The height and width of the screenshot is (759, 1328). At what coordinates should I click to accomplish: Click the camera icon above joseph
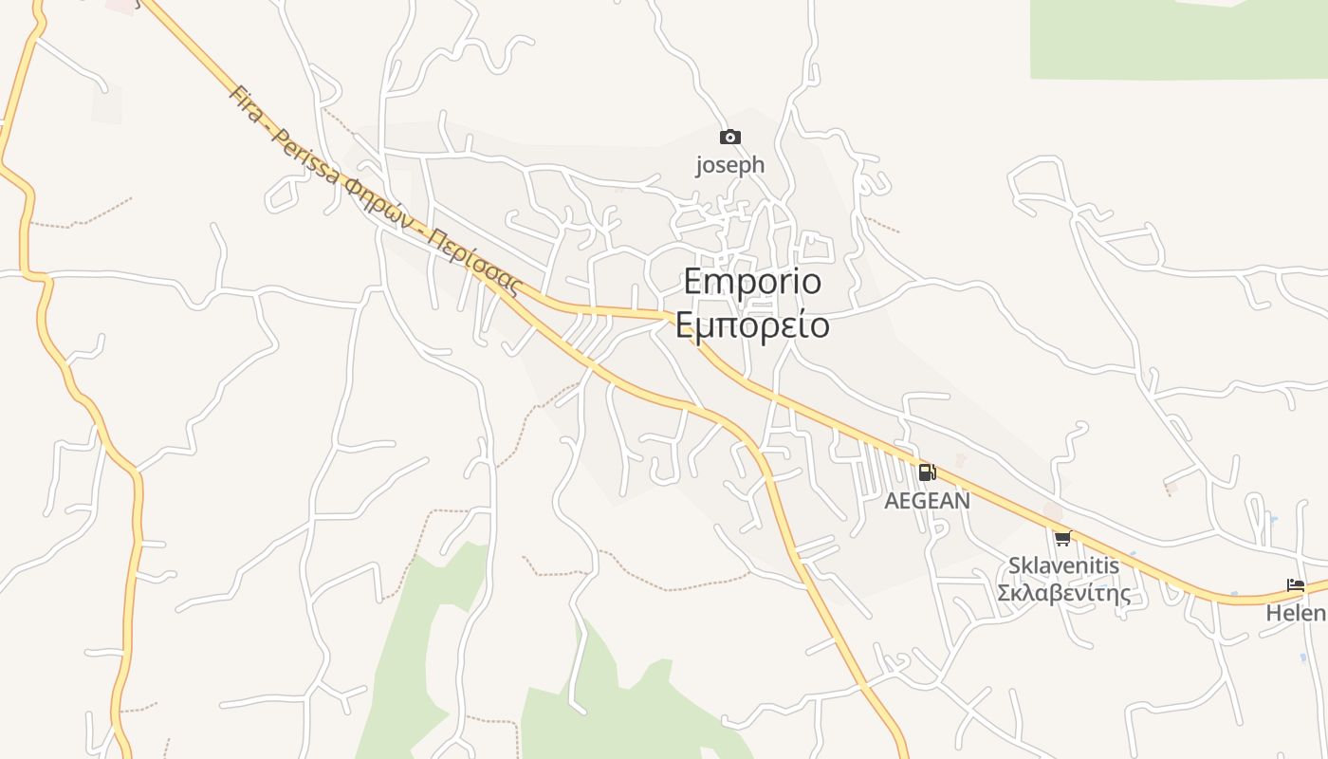coord(729,138)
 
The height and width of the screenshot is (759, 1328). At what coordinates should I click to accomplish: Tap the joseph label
coord(729,165)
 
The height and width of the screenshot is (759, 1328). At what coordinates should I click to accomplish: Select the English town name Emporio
coord(752,282)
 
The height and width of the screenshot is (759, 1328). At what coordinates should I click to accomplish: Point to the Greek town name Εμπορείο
coord(752,325)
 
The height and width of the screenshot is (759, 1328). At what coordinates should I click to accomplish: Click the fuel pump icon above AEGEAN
coord(927,472)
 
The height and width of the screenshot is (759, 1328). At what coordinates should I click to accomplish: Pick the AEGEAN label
coord(927,501)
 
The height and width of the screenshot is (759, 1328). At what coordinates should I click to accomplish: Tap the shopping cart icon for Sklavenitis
coord(1062,539)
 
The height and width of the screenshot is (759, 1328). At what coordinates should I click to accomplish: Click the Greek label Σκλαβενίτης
coord(1063,594)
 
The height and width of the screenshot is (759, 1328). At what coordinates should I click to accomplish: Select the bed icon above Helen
coord(1296,585)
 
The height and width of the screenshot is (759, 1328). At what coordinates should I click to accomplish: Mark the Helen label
coord(1297,614)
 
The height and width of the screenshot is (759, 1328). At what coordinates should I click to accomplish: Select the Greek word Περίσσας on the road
coord(478,262)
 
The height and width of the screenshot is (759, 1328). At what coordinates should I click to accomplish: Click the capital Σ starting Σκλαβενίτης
coord(1004,594)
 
